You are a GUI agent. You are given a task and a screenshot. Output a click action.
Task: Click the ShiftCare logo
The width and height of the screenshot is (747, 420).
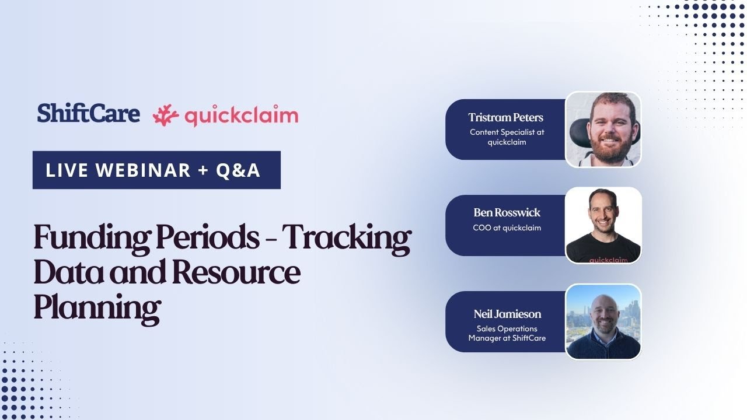coord(88,113)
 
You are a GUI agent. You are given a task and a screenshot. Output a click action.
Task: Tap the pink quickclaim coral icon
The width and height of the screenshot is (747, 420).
coord(165,116)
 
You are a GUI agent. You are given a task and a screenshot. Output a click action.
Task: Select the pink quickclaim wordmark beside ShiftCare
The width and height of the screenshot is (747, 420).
coord(241,116)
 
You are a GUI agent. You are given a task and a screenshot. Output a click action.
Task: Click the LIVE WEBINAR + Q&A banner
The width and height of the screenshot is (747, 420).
coord(156,170)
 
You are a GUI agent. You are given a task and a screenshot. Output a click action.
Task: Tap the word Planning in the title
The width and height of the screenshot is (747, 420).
coord(96,307)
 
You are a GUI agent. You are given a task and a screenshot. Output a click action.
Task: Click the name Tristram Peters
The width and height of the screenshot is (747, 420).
coord(505,117)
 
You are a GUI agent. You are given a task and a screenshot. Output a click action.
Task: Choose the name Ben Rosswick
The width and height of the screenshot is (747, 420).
coord(507,212)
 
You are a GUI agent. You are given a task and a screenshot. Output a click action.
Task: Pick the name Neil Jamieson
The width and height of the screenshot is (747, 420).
coord(507,314)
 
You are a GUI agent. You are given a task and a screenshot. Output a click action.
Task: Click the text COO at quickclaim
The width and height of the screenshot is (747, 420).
coord(507,228)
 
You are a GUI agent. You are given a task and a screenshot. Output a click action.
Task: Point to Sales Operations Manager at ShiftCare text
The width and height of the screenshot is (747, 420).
coord(507,333)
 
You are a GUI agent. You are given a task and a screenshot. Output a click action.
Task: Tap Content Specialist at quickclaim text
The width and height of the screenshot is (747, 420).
coord(507,136)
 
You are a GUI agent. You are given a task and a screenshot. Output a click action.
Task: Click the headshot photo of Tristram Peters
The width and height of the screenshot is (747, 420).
coord(603,129)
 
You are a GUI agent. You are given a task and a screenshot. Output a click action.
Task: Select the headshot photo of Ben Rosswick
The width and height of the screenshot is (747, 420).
coord(603,225)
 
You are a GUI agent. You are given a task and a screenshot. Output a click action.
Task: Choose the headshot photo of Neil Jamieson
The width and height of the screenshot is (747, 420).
coord(603,321)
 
